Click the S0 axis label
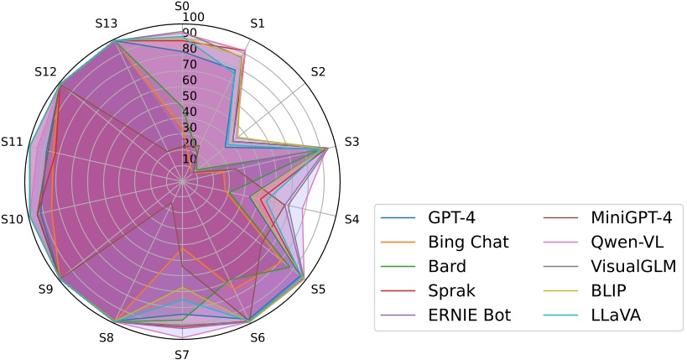point(181,6)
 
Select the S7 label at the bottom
point(181,353)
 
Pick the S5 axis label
point(318,290)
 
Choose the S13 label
point(106,23)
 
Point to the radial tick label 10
point(189,159)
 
